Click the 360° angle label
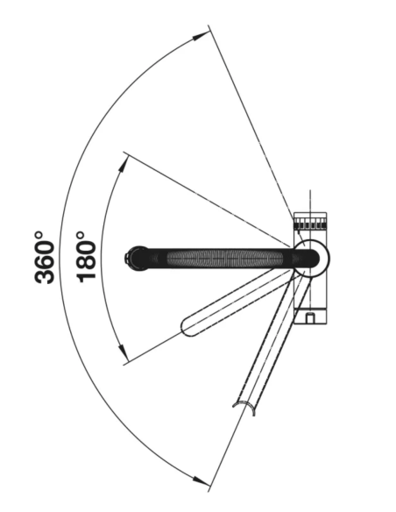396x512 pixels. (x=44, y=257)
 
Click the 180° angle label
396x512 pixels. (x=86, y=257)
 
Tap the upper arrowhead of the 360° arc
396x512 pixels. (x=200, y=36)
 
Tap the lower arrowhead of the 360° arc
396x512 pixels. (x=200, y=480)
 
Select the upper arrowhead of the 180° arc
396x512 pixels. (x=123, y=165)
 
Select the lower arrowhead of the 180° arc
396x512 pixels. (x=123, y=350)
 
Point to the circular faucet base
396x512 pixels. (x=312, y=258)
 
